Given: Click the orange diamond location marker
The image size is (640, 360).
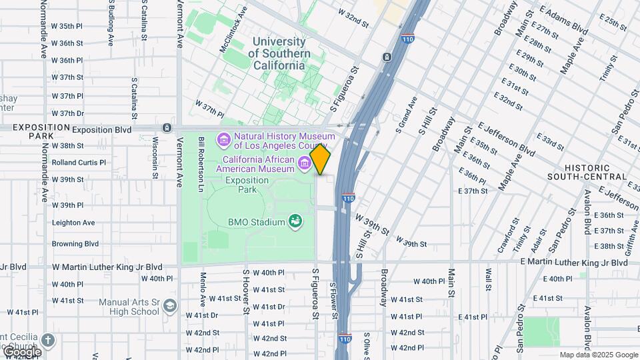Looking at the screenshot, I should coord(321,159).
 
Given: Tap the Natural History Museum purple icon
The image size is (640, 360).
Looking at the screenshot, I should coord(224,141).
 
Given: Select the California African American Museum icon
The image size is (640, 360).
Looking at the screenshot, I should coord(305,161).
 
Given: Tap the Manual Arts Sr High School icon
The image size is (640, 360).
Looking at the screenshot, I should coord(170,306).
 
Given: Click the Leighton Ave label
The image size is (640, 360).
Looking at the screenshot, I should coord(73,223).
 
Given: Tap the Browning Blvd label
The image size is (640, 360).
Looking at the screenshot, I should coord(75,244).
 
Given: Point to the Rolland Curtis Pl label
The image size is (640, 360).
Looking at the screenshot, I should coord(79,162).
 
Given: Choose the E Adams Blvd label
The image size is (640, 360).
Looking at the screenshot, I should coord(564,20).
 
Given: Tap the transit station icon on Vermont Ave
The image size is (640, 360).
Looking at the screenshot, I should coord(166,127).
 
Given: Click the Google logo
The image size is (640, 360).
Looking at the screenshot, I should coord(21,352).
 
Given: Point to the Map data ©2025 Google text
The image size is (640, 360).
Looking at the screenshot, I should coord(599,355).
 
